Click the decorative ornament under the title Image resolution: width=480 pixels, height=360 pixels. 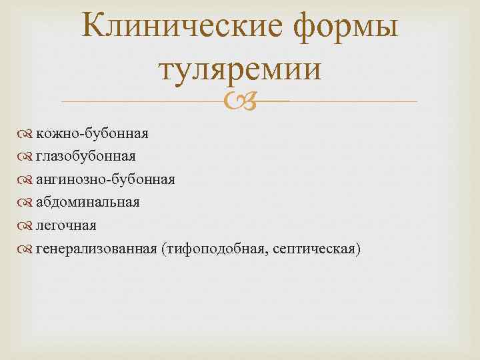pos(240,102)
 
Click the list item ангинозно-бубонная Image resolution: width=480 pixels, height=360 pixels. pos(105,179)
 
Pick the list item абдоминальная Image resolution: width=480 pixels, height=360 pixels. pos(88,202)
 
